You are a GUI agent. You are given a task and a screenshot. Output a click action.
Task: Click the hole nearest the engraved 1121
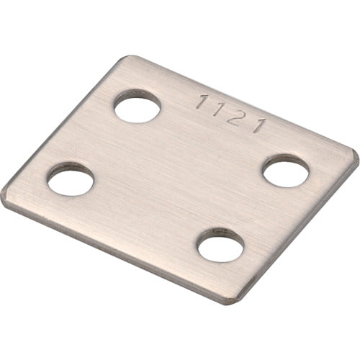(x=137, y=108)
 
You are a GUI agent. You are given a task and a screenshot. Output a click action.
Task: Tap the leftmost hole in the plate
(x=71, y=179)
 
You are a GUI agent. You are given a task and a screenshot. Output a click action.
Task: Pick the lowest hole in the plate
(x=220, y=247)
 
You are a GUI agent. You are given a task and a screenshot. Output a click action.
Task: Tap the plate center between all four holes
(x=180, y=176)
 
